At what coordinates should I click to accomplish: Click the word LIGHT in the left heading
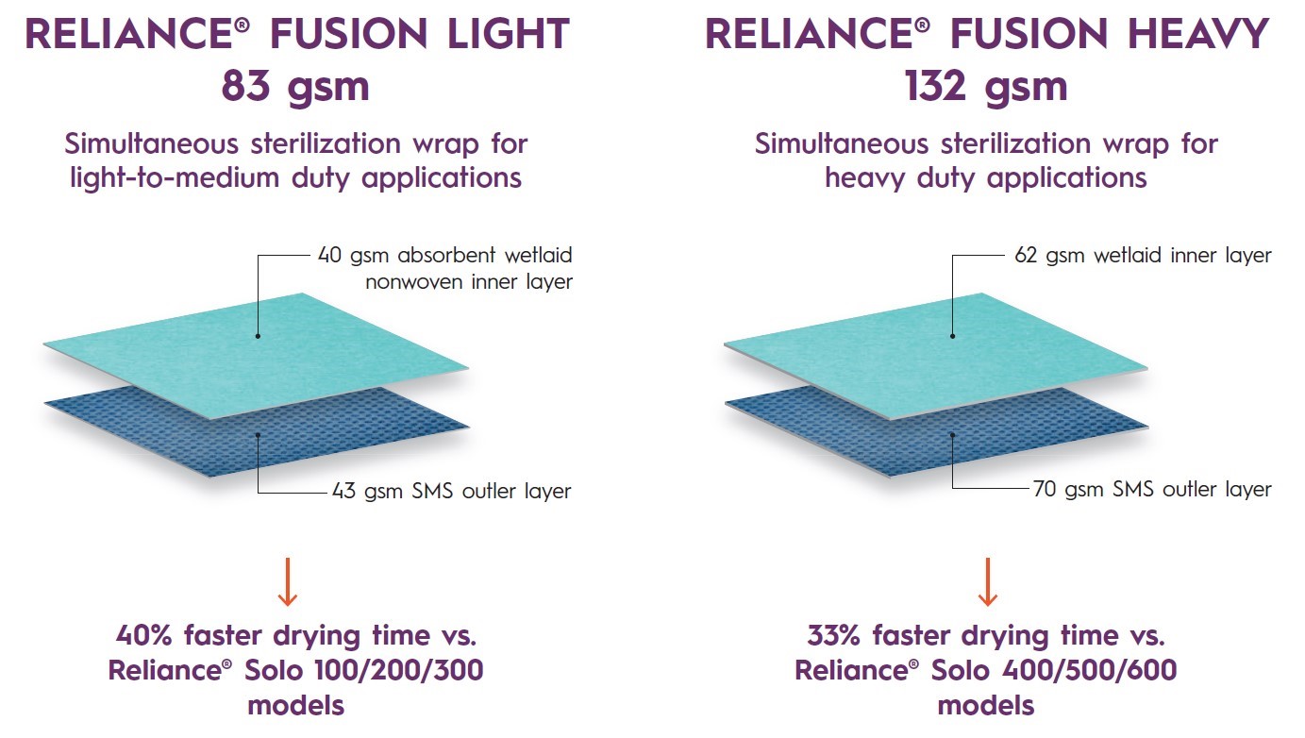tap(509, 34)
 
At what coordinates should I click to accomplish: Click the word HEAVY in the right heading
tap(1198, 34)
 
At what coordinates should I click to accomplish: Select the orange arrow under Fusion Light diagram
tap(287, 582)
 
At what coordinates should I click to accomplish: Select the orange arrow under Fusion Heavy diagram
tap(987, 582)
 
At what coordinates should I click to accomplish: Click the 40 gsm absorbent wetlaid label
tap(445, 269)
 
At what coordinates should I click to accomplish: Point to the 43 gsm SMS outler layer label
tap(451, 491)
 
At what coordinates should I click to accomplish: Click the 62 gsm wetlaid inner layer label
tap(1143, 256)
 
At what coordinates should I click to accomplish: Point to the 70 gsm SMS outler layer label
tap(1152, 489)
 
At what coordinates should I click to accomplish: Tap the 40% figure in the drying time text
tap(144, 635)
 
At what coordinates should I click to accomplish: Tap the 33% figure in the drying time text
tap(833, 635)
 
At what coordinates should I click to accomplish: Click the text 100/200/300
tap(399, 670)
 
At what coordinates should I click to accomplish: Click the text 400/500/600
tap(1090, 670)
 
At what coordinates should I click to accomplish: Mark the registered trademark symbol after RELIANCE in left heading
tap(243, 24)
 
